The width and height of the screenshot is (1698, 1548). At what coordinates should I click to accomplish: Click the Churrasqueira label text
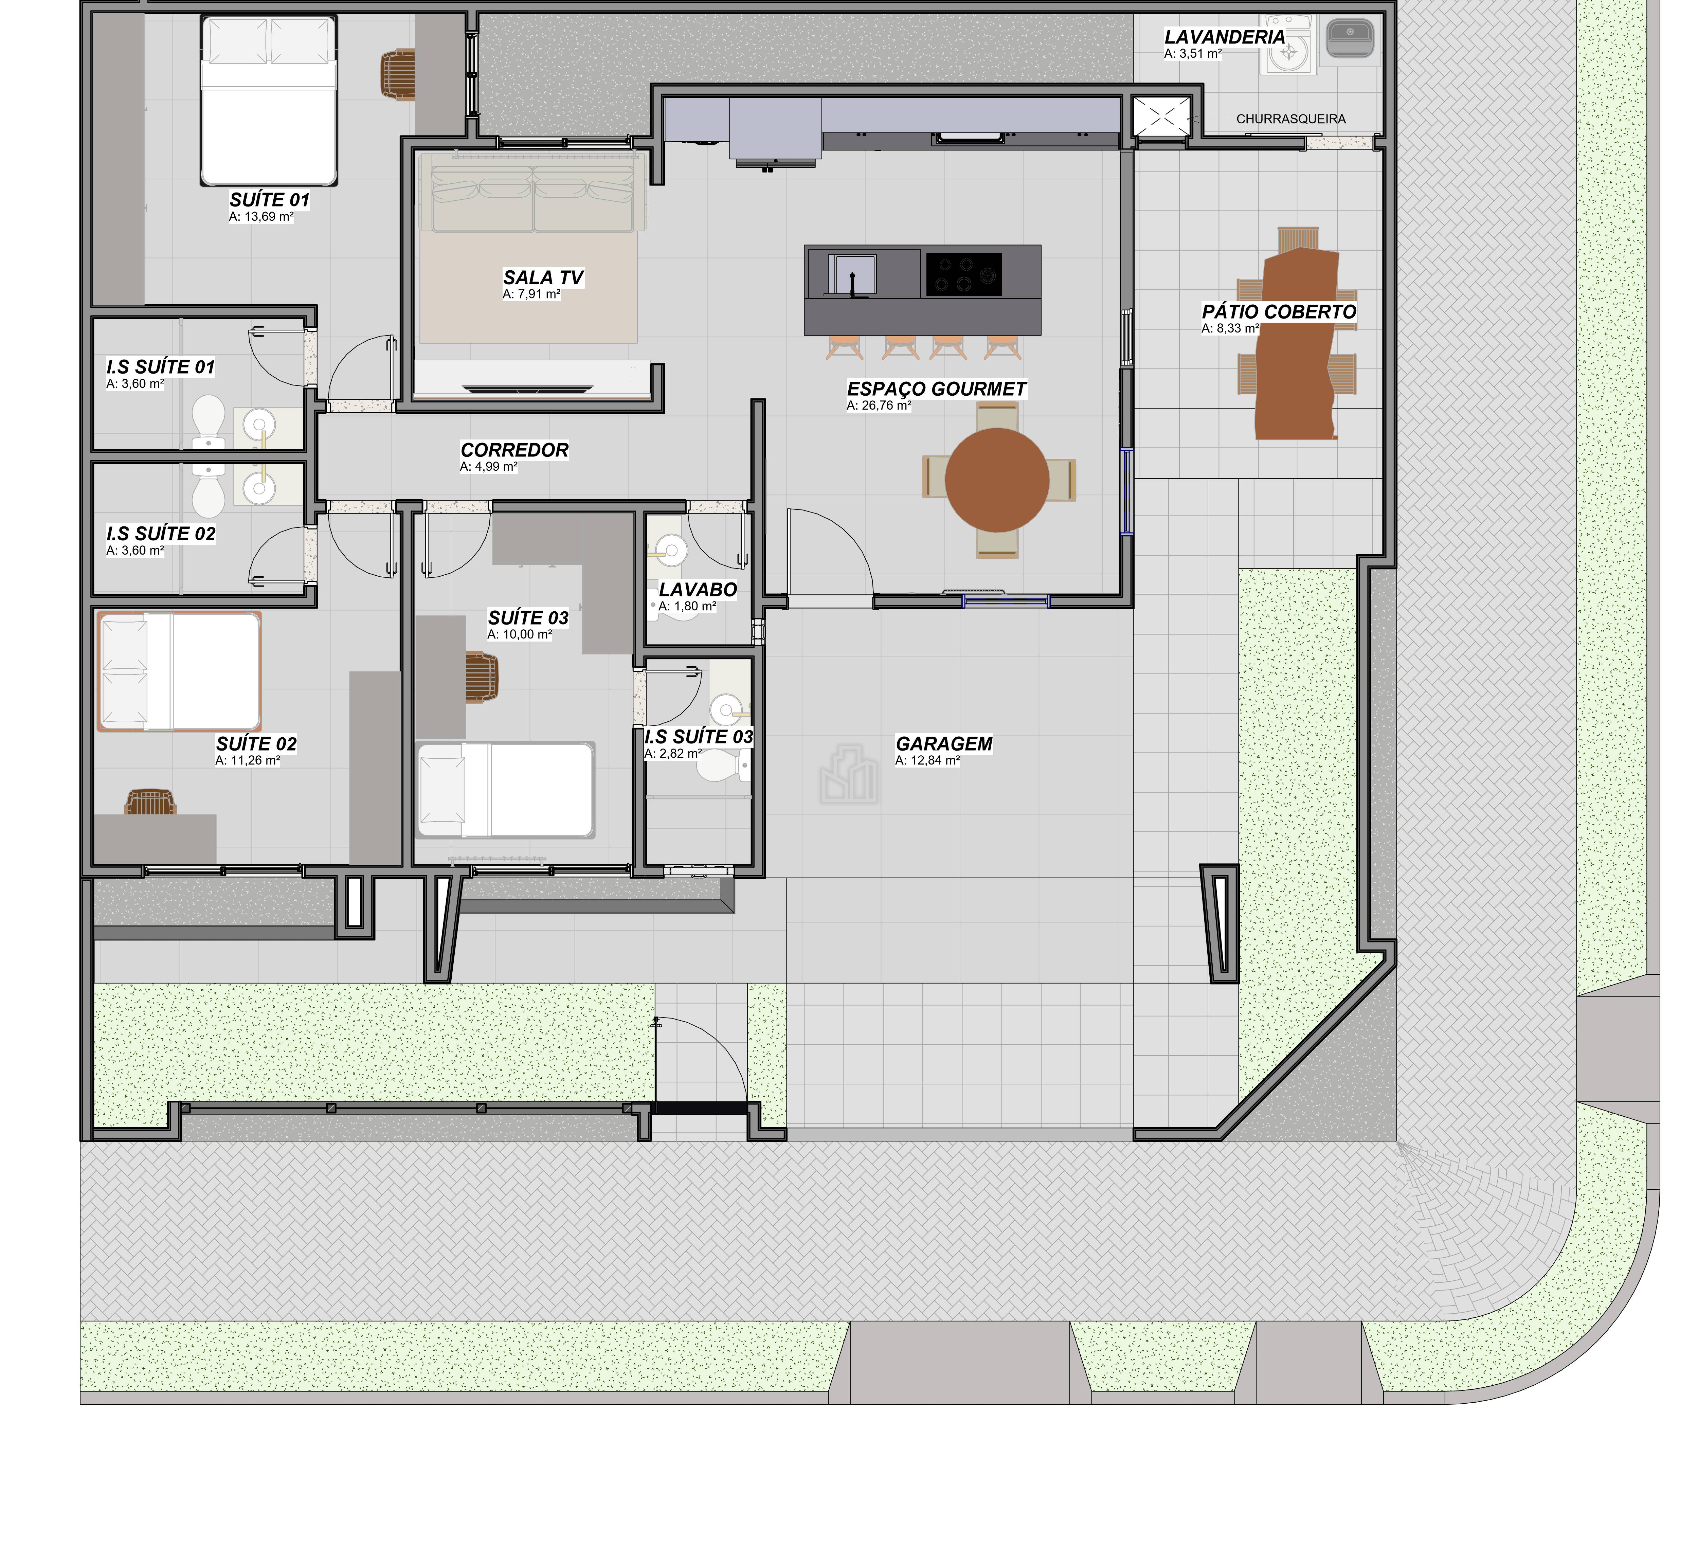pos(1290,119)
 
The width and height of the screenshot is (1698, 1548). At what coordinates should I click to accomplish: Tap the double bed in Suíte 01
pos(269,101)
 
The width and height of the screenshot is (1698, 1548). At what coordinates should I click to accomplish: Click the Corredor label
pos(514,450)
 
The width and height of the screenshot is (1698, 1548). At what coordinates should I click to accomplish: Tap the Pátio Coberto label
pos(1279,312)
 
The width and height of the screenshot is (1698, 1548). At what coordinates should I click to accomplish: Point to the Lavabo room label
pos(698,590)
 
